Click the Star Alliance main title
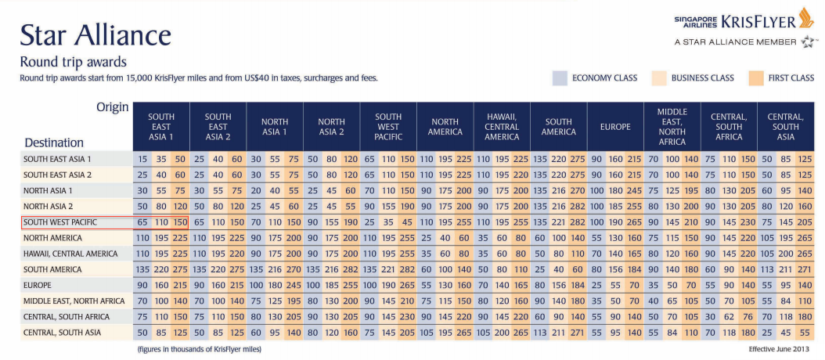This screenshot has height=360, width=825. (95, 34)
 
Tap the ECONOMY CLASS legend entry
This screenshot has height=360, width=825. (604, 78)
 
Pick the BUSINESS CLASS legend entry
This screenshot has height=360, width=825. (701, 78)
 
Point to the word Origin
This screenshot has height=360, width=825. (112, 107)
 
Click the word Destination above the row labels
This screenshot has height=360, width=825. (54, 142)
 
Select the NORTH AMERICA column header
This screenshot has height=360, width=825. (445, 127)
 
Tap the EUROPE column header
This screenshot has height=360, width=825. (614, 127)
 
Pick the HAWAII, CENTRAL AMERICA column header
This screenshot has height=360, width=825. (501, 127)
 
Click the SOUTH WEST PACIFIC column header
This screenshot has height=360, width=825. (387, 127)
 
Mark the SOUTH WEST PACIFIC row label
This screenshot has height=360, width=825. (60, 222)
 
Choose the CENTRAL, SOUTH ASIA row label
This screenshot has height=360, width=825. (62, 333)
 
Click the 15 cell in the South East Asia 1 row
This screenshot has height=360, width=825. (142, 159)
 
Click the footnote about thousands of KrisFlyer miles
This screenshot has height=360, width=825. (199, 349)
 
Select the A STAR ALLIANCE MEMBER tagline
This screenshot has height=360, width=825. (735, 41)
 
